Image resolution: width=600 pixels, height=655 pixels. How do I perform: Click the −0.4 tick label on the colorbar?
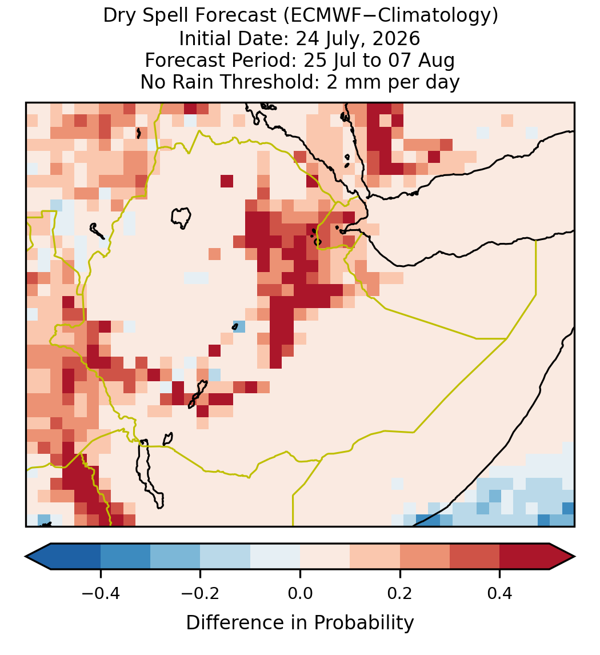coord(101,593)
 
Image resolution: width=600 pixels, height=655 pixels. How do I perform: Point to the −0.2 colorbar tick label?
coord(201,593)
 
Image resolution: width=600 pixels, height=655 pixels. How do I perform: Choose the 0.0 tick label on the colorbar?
coord(300,593)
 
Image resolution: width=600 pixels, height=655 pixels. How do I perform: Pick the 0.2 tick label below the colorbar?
coord(400,593)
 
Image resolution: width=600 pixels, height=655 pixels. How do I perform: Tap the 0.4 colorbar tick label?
coord(500,593)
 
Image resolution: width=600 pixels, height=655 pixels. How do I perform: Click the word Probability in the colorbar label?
coord(364,623)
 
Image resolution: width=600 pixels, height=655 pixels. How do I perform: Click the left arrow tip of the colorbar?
coord(26,557)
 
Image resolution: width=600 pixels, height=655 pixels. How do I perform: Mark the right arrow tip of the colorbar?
coord(575,557)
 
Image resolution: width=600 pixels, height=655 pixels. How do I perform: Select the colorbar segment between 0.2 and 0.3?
coord(425,557)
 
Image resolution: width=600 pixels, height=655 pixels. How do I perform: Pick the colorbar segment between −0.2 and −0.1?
coord(225,557)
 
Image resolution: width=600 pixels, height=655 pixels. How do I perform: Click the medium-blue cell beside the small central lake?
coord(239,326)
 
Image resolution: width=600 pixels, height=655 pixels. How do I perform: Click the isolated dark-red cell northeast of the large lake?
coord(227,181)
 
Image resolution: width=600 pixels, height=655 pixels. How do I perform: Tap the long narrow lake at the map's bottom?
coord(150,473)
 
